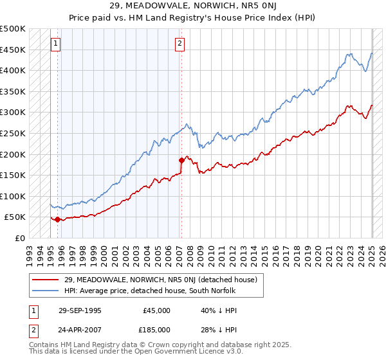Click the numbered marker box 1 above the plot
[x=55, y=44]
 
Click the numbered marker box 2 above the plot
[x=179, y=44]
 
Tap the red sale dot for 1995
[x=58, y=219]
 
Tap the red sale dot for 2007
[x=181, y=161]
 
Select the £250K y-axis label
[x=13, y=133]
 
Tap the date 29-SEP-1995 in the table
[x=80, y=310]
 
